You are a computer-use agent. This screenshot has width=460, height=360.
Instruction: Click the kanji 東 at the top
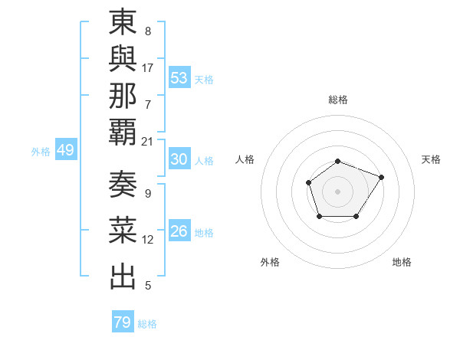(x=123, y=24)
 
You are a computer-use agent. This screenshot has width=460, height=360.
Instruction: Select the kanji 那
(x=123, y=96)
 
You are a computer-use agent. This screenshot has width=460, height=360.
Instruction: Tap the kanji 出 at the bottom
(x=123, y=277)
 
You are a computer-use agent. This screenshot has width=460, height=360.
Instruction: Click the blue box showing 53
(x=179, y=78)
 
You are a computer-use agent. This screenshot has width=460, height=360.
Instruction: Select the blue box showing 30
(x=179, y=159)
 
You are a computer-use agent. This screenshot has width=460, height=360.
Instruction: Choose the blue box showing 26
(x=179, y=231)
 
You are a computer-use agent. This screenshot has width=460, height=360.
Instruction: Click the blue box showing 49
(x=65, y=150)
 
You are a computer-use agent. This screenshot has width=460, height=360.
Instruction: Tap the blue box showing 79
(x=122, y=322)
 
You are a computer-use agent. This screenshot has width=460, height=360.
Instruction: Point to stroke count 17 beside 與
(x=148, y=67)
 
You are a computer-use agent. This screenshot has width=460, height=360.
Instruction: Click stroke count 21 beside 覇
(x=148, y=141)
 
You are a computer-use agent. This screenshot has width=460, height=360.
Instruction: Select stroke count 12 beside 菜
(x=148, y=240)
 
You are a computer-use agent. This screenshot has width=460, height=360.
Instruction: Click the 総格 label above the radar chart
(x=337, y=100)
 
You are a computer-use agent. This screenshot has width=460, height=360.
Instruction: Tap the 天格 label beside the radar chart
(x=431, y=159)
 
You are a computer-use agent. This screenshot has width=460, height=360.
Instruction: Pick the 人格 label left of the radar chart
(x=245, y=159)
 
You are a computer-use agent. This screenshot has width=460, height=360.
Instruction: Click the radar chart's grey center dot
(x=337, y=191)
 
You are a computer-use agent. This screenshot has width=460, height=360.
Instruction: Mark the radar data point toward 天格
(x=381, y=177)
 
